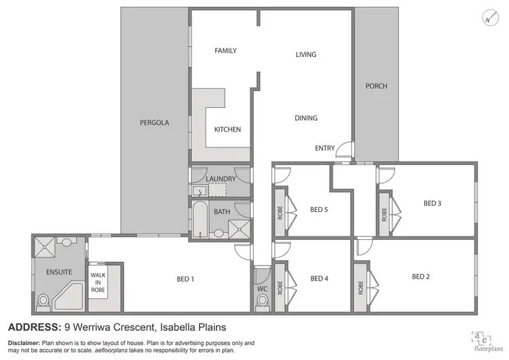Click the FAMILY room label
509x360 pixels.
[225, 51]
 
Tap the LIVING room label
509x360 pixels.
[306, 55]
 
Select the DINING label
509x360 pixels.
[306, 118]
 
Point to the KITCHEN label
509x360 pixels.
[227, 130]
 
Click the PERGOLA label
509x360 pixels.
[154, 124]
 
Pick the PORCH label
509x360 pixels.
[376, 86]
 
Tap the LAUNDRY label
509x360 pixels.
[221, 179]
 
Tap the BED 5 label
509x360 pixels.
[319, 209]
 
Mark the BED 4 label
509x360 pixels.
[319, 278]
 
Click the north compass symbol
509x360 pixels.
[487, 19]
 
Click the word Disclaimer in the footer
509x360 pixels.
[24, 342]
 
